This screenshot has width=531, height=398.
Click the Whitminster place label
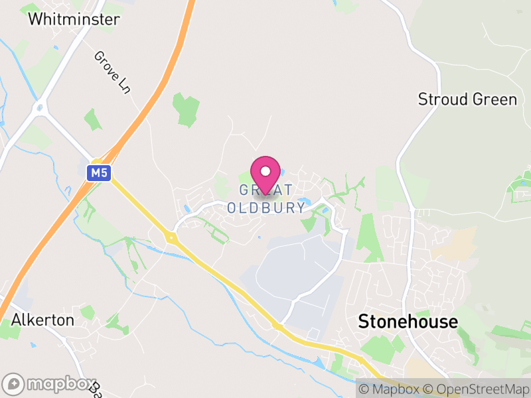tap(74, 19)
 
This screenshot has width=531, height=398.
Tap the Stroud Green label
tap(467, 99)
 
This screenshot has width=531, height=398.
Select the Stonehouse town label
tap(408, 322)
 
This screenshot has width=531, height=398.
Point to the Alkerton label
tap(42, 320)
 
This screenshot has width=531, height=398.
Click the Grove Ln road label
tap(112, 72)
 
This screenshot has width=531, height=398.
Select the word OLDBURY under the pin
tap(266, 208)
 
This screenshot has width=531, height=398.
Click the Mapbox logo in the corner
tap(50, 383)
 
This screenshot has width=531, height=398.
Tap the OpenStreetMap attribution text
tap(477, 389)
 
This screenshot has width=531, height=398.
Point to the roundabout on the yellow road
tap(171, 237)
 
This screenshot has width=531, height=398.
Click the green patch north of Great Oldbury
tap(187, 109)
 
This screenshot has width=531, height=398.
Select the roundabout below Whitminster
tap(40, 107)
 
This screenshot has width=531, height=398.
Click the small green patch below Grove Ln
tap(94, 120)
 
